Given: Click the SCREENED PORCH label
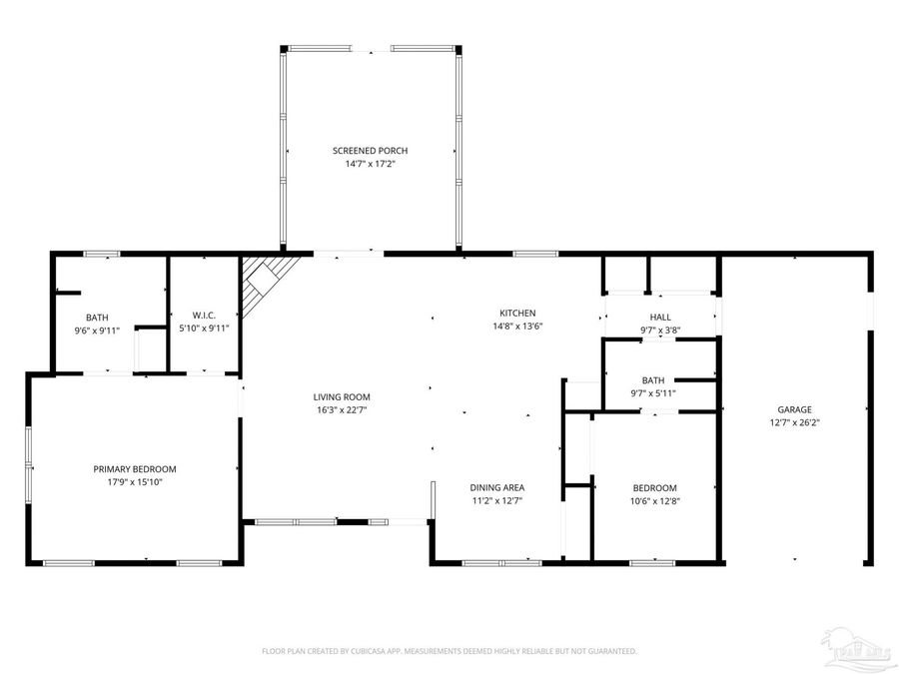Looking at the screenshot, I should [370, 151].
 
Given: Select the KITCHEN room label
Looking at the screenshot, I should [517, 313].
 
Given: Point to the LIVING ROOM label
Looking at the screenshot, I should [342, 397].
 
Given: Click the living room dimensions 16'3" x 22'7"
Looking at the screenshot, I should [342, 409].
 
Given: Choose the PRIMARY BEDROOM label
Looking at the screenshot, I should [135, 469].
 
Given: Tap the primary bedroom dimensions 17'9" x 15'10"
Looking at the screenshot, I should [135, 481].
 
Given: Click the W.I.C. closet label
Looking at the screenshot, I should [203, 317].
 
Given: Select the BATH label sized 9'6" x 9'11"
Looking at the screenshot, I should [97, 318].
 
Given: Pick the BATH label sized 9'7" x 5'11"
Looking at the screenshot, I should [653, 380].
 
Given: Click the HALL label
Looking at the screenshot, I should [659, 317].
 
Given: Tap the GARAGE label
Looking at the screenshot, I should [795, 409].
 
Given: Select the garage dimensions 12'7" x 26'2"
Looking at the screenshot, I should [795, 421].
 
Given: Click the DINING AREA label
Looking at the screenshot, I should [497, 488].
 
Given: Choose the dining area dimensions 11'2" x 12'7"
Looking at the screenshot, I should [497, 500].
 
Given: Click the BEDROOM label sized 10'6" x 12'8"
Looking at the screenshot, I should [654, 488].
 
